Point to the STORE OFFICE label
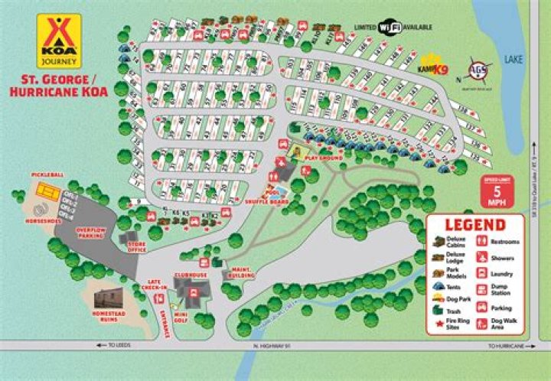pos(137,247)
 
